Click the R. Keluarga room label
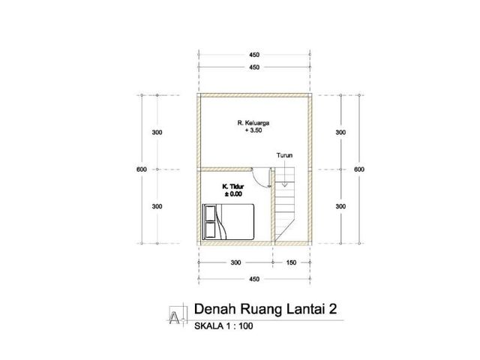tap(253, 123)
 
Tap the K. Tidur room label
tap(233, 187)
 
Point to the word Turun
tap(284, 155)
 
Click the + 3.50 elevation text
tap(253, 130)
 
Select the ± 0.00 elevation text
tap(233, 194)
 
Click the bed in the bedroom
tap(228, 222)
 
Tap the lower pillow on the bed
tap(210, 230)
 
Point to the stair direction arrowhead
tap(285, 184)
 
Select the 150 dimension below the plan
tap(291, 262)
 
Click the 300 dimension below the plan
tap(235, 262)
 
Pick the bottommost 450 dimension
tap(254, 279)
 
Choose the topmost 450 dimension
tap(254, 55)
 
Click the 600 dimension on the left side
tap(142, 169)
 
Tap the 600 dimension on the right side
tap(359, 169)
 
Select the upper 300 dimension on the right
tap(340, 132)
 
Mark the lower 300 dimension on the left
tap(157, 206)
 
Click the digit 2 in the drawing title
tap(333, 309)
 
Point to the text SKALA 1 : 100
tap(223, 326)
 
